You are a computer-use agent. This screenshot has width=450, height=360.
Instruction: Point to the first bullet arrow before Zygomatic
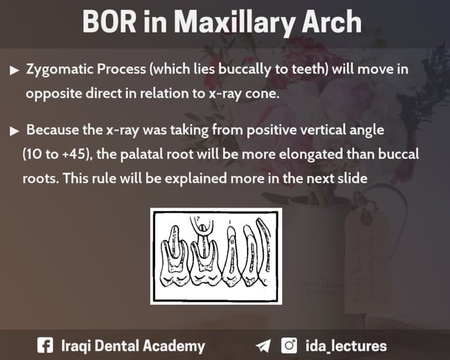pos(15,71)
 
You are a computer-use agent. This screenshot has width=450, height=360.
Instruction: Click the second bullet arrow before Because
pos(15,131)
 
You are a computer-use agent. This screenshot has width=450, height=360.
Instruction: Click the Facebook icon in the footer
pos(44,346)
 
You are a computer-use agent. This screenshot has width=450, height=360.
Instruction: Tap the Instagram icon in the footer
pos(289,346)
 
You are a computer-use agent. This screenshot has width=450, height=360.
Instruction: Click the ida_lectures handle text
pos(346,346)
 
